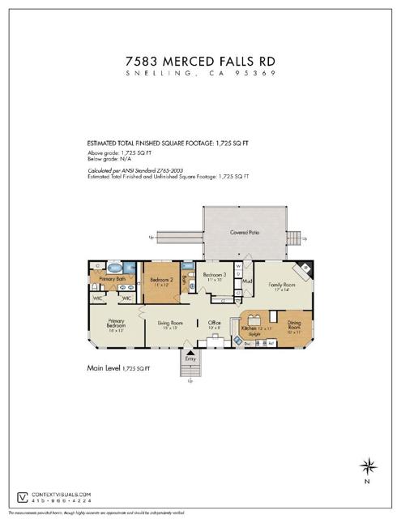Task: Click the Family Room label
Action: [x=281, y=285]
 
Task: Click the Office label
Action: [x=215, y=324]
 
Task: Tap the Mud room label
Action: [x=246, y=282]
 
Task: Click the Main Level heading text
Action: [x=103, y=367]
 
